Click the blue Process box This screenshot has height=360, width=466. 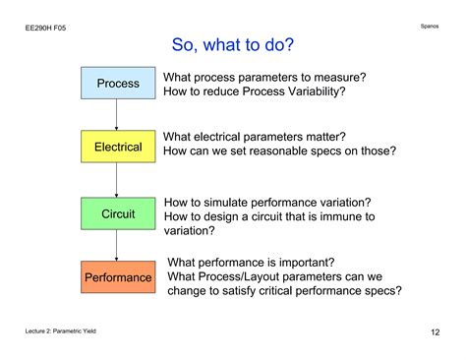118,84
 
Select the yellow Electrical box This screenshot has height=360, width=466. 118,147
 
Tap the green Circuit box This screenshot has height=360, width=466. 118,211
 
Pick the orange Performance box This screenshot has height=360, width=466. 118,277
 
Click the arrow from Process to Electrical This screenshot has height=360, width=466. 117,115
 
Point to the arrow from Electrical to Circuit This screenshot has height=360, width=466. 117,179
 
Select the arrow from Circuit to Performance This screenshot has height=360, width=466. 117,244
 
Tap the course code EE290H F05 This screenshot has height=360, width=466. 46,29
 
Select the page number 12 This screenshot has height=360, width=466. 435,332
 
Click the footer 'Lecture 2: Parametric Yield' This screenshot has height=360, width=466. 61,332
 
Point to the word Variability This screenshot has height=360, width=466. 312,92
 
